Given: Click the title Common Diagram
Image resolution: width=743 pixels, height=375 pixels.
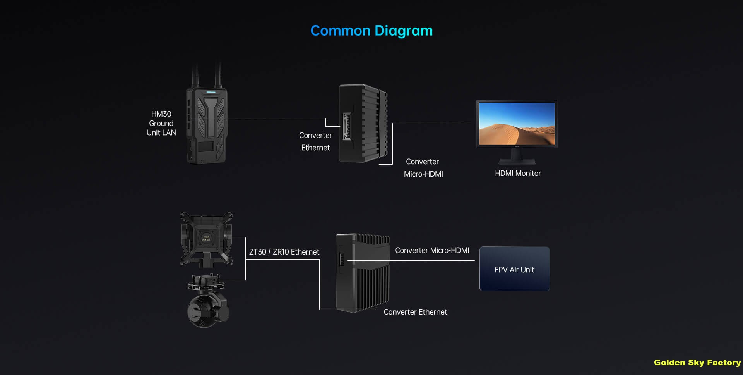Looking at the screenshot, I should (371, 31).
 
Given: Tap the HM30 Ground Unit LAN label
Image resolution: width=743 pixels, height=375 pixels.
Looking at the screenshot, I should (161, 123).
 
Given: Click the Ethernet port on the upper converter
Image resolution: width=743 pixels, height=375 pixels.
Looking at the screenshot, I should (346, 126).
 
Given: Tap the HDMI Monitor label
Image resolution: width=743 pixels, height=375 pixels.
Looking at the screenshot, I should (517, 174).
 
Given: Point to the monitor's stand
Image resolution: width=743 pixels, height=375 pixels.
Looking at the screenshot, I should (517, 157).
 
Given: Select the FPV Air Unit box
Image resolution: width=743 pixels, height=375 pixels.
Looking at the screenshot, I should (514, 269).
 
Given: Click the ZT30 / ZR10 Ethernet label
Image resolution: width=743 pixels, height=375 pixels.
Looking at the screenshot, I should (284, 252).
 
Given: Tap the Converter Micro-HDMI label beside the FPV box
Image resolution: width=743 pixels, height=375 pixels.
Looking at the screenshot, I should (432, 251).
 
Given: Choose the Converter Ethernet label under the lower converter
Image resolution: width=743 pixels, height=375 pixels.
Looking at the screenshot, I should (415, 312).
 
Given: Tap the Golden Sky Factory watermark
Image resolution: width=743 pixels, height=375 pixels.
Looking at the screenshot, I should (697, 363).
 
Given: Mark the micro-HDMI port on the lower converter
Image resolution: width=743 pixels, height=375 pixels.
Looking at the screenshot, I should (342, 259).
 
